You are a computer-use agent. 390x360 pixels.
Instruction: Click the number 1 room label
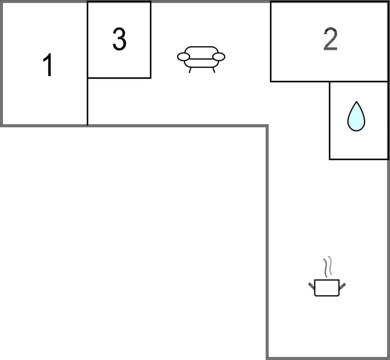pyautogui.click(x=48, y=65)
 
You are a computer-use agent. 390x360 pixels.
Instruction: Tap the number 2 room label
pyautogui.click(x=330, y=40)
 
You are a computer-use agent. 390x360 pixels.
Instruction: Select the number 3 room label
pyautogui.click(x=119, y=40)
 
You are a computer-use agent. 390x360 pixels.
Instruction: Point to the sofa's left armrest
pyautogui.click(x=184, y=57)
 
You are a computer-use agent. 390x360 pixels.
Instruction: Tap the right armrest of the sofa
pyautogui.click(x=219, y=57)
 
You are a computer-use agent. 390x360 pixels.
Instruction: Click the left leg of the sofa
pyautogui.click(x=190, y=70)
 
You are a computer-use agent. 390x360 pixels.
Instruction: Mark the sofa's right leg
pyautogui.click(x=213, y=70)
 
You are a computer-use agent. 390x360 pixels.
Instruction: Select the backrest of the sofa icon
pyautogui.click(x=201, y=50)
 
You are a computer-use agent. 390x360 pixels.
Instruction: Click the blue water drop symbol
pyautogui.click(x=356, y=117)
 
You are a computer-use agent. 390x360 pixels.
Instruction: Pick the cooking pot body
pyautogui.click(x=327, y=288)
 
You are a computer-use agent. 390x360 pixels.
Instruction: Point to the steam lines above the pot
pyautogui.click(x=328, y=266)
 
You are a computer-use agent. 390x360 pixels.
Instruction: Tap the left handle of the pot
pyautogui.click(x=312, y=285)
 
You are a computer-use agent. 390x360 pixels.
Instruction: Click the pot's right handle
pyautogui.click(x=342, y=286)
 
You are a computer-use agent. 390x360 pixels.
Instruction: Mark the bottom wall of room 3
pyautogui.click(x=119, y=78)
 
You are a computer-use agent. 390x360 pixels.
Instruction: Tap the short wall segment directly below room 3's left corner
pyautogui.click(x=88, y=102)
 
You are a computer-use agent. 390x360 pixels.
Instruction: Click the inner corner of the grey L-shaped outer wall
pyautogui.click(x=267, y=126)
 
